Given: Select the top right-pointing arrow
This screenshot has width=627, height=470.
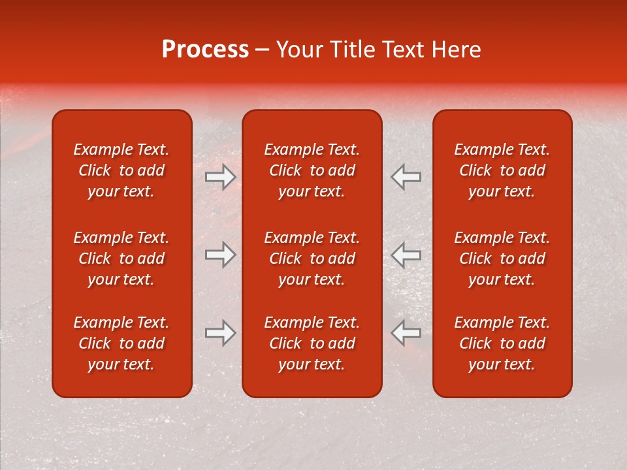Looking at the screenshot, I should click(221, 177).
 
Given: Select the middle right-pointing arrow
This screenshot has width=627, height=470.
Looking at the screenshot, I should click(221, 255).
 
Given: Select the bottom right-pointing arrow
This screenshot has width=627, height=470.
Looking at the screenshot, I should click(221, 333).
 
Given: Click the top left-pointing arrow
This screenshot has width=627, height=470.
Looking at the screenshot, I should click(406, 177).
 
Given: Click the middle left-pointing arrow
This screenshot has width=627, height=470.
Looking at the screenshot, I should click(406, 255).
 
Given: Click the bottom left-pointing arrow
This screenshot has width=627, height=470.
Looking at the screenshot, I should click(406, 333).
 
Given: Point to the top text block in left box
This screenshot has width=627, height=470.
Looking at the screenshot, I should click(121, 170).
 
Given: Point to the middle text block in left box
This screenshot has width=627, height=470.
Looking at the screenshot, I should click(121, 258).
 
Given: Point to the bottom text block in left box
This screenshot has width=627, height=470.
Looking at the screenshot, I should click(121, 343).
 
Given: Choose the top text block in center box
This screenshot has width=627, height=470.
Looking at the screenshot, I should click(312, 170).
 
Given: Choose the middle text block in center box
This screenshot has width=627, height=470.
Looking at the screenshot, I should click(312, 258).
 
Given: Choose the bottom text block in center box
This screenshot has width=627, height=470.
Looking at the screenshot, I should click(312, 343).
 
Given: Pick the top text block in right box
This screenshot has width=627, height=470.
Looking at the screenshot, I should click(502, 170).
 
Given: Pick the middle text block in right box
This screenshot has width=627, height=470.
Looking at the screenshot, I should click(502, 258).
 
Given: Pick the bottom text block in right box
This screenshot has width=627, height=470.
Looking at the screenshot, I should click(502, 343).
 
